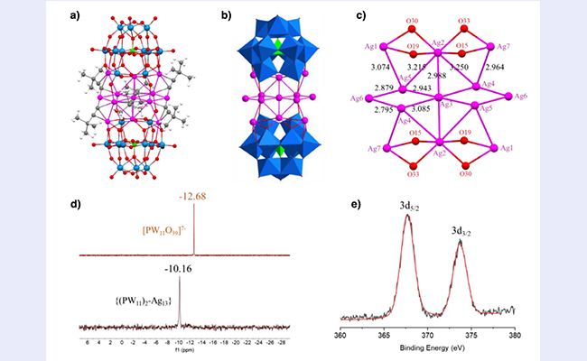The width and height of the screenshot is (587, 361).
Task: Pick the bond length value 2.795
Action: tap(380, 109)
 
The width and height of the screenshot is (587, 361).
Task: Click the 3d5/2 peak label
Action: tap(408, 206)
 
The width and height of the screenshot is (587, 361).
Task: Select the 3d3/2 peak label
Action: tap(463, 232)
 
